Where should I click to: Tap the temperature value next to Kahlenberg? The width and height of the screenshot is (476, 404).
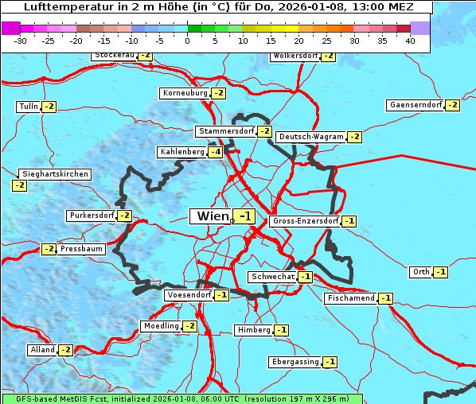pyautogui.click(x=215, y=152)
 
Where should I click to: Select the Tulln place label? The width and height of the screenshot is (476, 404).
pyautogui.click(x=28, y=107)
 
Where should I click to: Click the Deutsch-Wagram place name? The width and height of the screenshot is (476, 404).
pyautogui.click(x=311, y=137)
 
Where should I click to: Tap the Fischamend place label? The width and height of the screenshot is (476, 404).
pyautogui.click(x=350, y=298)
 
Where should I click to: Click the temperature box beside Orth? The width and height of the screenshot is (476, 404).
pyautogui.click(x=441, y=272)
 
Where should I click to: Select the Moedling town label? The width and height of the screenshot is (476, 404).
pyautogui.click(x=160, y=326)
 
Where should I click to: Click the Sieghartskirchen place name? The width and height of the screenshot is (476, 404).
pyautogui.click(x=55, y=174)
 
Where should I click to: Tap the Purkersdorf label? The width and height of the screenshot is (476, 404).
pyautogui.click(x=92, y=216)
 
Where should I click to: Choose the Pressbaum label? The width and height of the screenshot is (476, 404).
pyautogui.click(x=81, y=249)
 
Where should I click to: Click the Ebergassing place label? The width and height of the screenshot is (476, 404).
pyautogui.click(x=295, y=362)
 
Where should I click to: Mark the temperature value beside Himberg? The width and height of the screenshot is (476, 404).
pyautogui.click(x=282, y=330)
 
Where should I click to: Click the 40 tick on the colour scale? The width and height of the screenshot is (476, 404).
pyautogui.click(x=410, y=40)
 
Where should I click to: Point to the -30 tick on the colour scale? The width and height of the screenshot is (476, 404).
pyautogui.click(x=20, y=40)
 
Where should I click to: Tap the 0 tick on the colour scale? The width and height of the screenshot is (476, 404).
pyautogui.click(x=187, y=40)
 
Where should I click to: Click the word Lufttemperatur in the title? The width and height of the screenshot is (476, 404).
pyautogui.click(x=60, y=6)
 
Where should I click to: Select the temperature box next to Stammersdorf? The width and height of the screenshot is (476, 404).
pyautogui.click(x=264, y=131)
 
